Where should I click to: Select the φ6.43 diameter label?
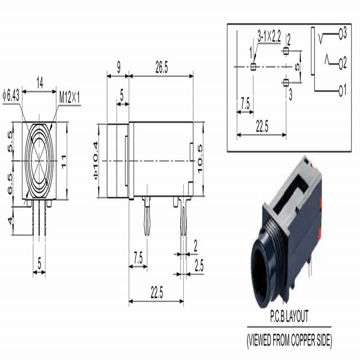11,96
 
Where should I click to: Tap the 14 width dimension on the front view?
40,83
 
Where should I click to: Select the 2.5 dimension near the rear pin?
198,266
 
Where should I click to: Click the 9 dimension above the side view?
118,68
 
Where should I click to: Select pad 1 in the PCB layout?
253,67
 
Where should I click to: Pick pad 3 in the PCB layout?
285,82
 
